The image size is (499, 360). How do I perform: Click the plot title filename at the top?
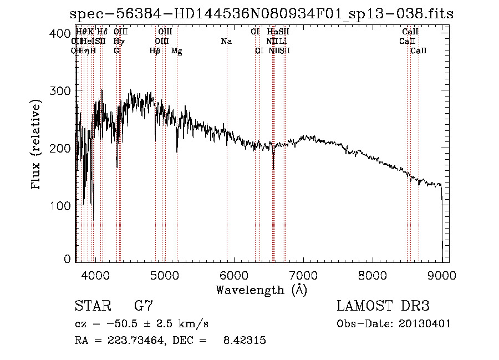(262, 14)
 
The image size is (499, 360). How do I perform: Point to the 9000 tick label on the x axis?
(442, 275)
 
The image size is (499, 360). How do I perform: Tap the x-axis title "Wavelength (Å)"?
(261, 290)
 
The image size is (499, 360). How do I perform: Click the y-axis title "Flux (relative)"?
(37, 145)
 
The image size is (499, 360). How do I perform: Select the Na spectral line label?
(226, 42)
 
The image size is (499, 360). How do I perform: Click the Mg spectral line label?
(177, 51)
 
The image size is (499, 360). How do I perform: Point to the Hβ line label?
(155, 51)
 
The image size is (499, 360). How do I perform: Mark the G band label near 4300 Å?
(116, 51)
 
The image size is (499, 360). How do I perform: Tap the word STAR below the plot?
(92, 306)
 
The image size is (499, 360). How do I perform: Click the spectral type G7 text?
(144, 306)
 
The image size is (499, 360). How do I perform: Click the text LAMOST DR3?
(383, 306)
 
